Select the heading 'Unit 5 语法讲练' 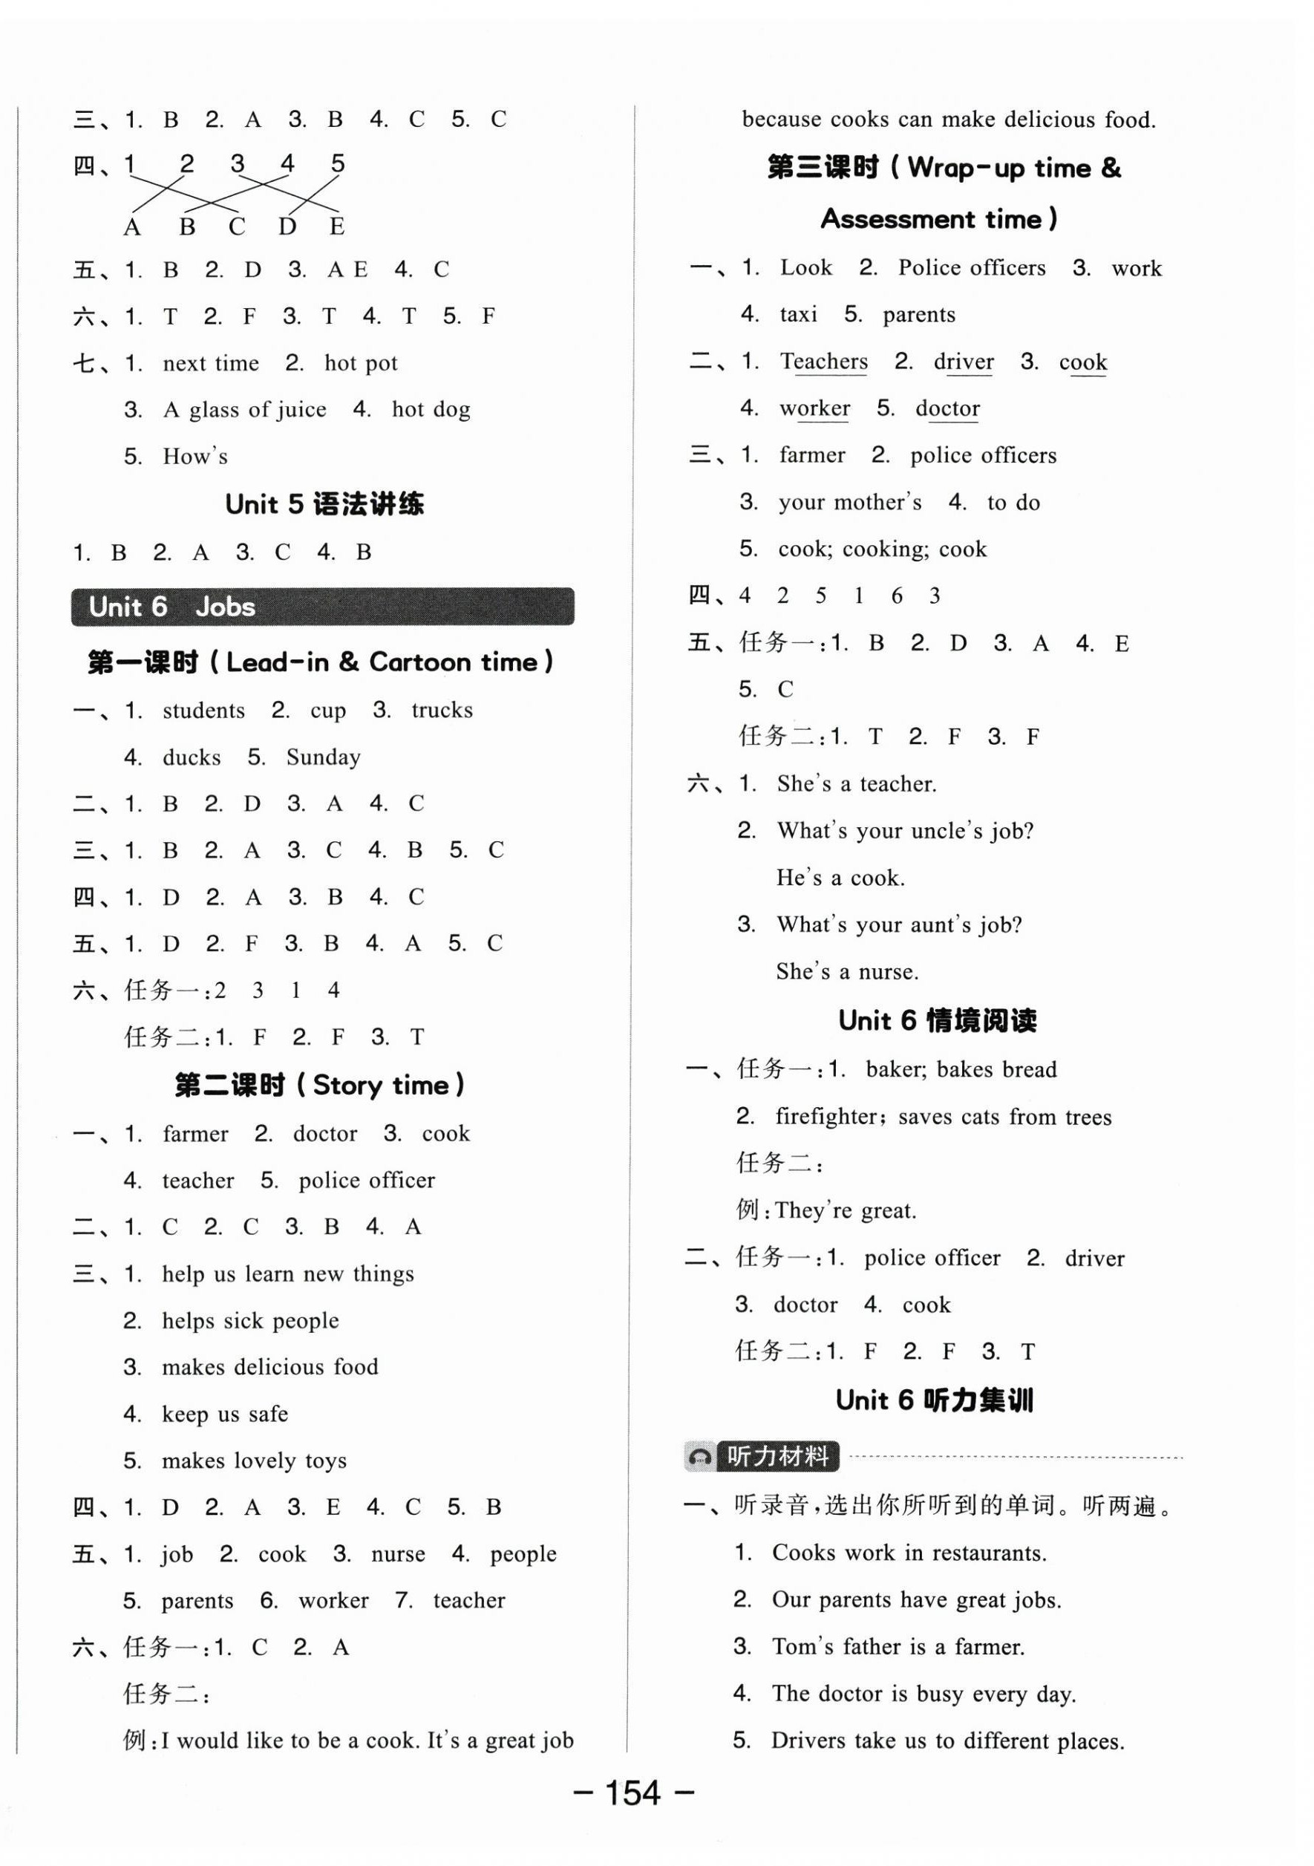tap(324, 505)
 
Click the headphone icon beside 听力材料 tap(699, 1456)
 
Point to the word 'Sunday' tap(324, 757)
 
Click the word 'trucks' tap(442, 711)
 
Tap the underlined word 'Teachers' tap(824, 362)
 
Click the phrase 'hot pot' tap(361, 363)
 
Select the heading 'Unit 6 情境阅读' tap(937, 1021)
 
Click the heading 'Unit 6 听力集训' tap(935, 1400)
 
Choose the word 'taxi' tap(798, 315)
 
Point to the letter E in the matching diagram tap(336, 227)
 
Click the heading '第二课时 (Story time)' tap(320, 1085)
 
